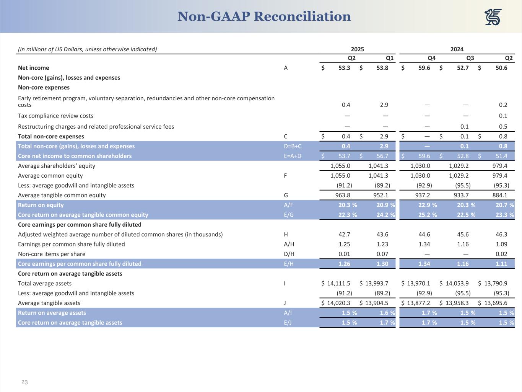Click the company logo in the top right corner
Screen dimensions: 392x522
click(x=493, y=17)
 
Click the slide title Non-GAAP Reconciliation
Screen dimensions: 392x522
click(x=264, y=16)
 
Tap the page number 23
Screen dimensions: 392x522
click(x=24, y=382)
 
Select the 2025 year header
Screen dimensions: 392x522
click(x=357, y=49)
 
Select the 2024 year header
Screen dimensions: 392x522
click(x=457, y=49)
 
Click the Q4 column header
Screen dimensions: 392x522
click(x=431, y=58)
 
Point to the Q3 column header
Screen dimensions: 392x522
click(x=470, y=58)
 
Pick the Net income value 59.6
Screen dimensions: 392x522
click(x=424, y=68)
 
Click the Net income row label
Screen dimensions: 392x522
click(x=34, y=68)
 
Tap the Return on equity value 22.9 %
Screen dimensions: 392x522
click(x=428, y=205)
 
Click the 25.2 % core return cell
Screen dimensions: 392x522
click(x=428, y=215)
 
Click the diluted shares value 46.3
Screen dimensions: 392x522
click(x=501, y=235)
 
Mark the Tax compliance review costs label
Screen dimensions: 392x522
click(x=55, y=116)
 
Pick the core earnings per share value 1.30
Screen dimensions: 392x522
click(x=382, y=264)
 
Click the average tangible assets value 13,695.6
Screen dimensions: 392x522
click(x=496, y=303)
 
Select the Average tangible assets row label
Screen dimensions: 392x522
click(x=49, y=303)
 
